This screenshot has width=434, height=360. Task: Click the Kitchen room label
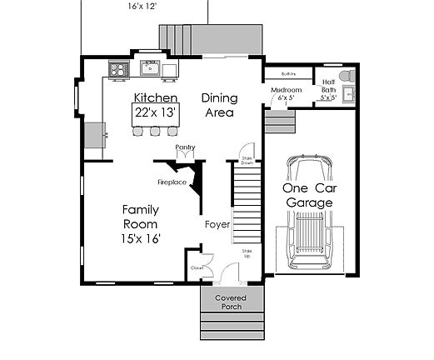pos(157,98)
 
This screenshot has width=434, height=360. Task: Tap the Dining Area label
pos(220,105)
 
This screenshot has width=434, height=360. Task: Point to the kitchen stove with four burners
pos(118,69)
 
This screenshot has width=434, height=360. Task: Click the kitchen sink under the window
pos(151,67)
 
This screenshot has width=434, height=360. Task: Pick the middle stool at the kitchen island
pos(155,131)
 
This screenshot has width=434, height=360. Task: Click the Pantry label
pos(185,147)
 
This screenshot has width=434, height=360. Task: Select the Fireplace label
pos(172,182)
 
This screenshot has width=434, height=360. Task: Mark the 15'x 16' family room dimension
pos(140,238)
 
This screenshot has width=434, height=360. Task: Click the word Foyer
pos(218,224)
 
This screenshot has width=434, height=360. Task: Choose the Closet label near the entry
pos(197,268)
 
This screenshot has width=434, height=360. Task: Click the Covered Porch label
pos(231,302)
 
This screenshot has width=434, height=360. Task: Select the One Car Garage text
pos(310,195)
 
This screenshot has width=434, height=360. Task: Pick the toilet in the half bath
pos(349,77)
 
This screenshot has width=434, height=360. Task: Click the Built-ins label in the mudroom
pos(290,74)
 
